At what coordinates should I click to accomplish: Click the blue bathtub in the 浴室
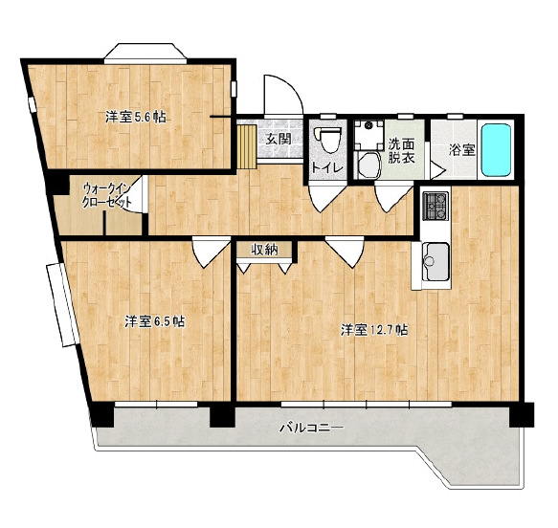click(496, 149)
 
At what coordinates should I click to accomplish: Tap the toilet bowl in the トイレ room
click(327, 140)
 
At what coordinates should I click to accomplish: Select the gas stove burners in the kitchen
click(435, 206)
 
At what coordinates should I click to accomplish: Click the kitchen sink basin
click(435, 262)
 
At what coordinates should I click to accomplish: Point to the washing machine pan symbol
click(368, 136)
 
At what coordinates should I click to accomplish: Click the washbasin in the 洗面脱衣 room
click(369, 165)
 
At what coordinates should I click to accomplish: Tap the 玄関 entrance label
click(279, 139)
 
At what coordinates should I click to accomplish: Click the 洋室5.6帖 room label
click(136, 117)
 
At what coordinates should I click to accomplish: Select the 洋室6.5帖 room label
click(154, 321)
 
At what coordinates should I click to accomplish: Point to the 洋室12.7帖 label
click(374, 330)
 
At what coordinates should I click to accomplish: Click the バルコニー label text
click(312, 428)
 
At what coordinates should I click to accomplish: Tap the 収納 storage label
click(264, 250)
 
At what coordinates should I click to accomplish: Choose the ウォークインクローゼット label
click(107, 195)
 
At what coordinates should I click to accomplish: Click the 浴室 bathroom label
click(462, 149)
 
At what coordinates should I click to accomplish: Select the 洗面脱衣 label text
click(401, 151)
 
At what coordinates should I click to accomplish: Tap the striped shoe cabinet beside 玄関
click(247, 146)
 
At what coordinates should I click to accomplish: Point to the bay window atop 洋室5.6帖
click(145, 54)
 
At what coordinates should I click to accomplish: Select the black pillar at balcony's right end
click(522, 414)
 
